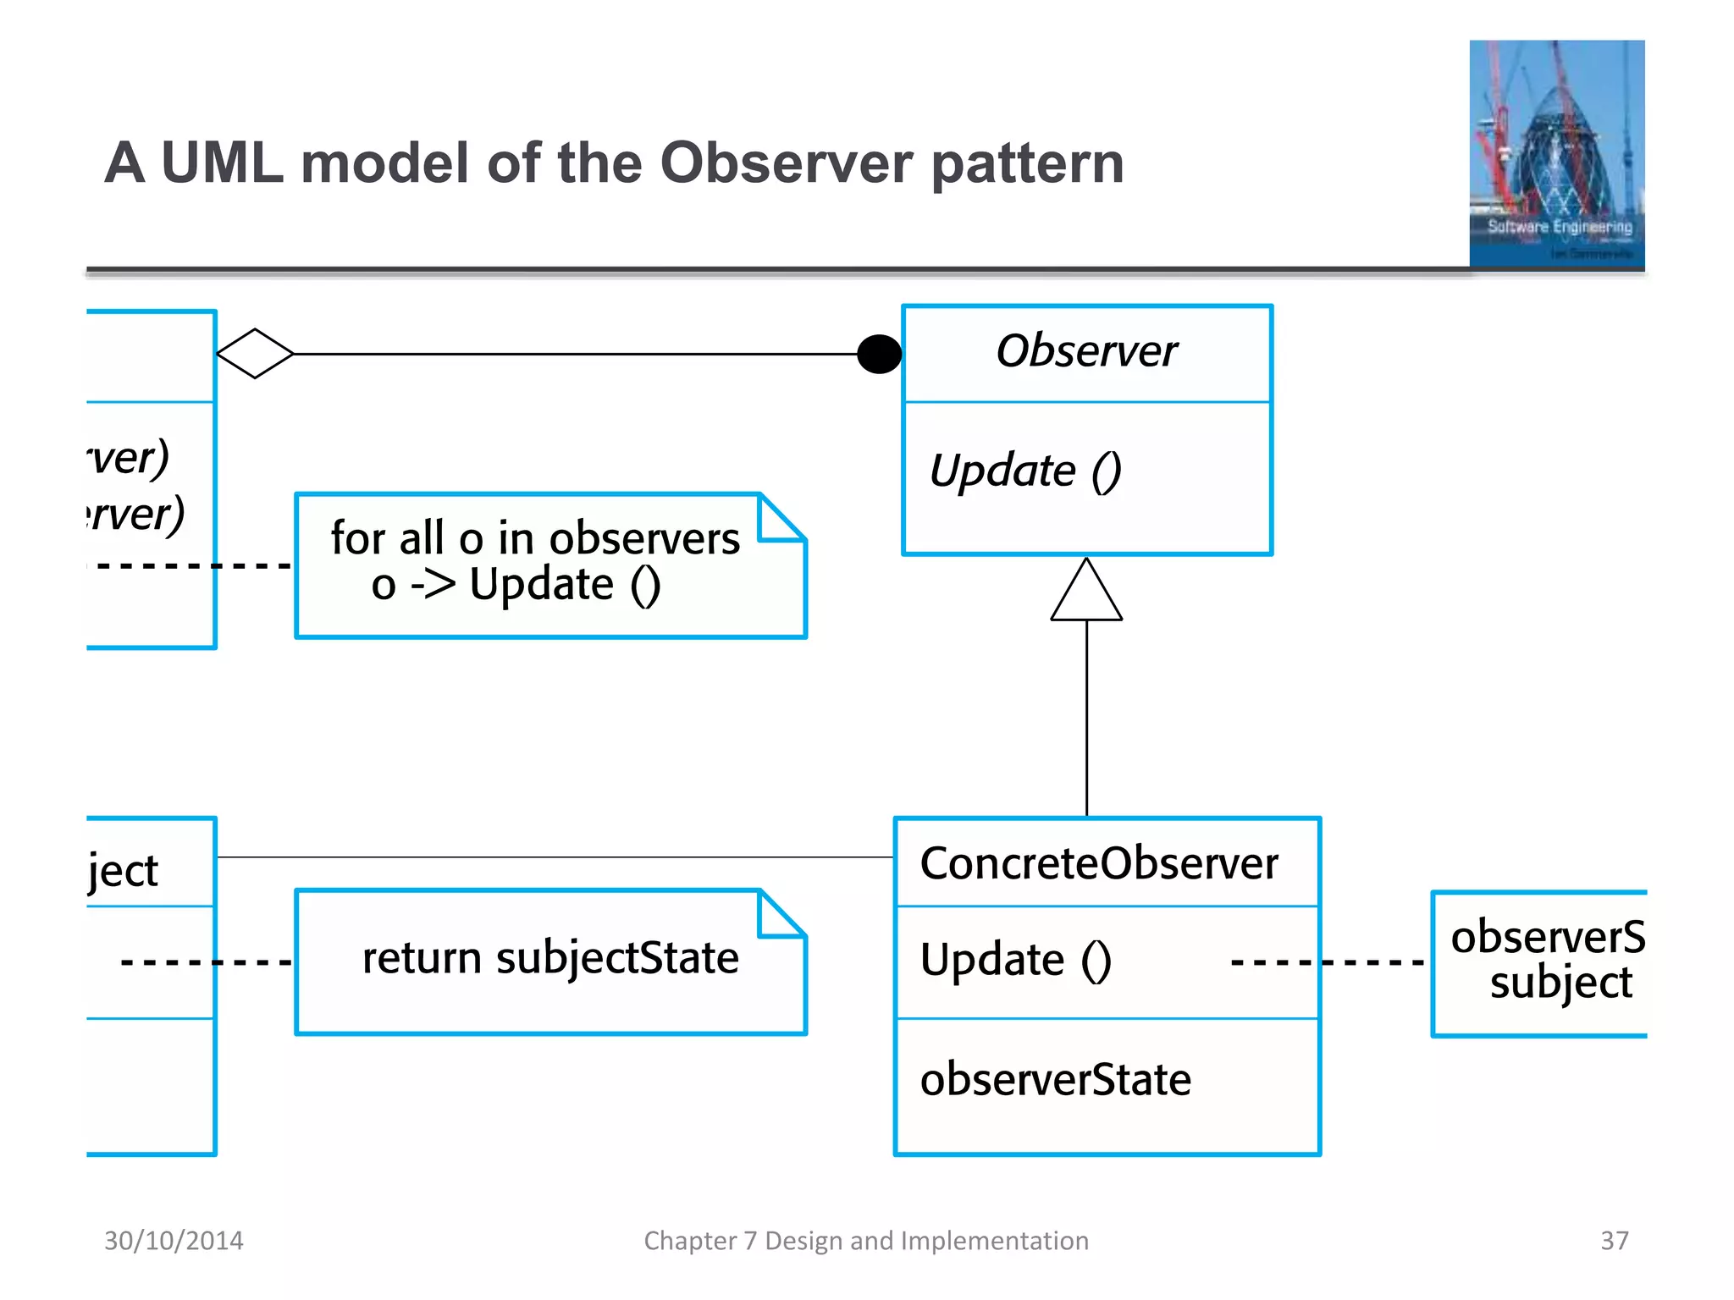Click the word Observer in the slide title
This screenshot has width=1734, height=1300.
point(786,162)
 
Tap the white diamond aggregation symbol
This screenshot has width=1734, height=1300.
point(255,354)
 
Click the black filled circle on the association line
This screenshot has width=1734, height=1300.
point(879,354)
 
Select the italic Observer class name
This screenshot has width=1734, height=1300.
point(1086,350)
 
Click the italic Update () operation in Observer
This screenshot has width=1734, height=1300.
point(1024,471)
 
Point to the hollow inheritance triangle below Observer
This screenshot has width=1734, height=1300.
point(1086,593)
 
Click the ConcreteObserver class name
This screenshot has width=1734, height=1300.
point(1098,864)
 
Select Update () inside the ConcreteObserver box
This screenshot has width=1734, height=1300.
point(1015,960)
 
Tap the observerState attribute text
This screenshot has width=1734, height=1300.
point(1055,1079)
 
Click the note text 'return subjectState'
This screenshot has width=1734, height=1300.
point(550,958)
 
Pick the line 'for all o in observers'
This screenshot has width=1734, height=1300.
point(535,538)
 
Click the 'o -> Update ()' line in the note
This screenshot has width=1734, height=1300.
point(516,585)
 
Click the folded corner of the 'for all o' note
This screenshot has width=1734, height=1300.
point(780,519)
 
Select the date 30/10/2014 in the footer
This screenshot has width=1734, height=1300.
point(174,1240)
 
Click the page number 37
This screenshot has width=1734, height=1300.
point(1614,1240)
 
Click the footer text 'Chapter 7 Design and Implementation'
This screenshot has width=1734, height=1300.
point(866,1240)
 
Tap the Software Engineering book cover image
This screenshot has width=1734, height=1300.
point(1556,154)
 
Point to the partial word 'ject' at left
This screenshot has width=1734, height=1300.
point(124,871)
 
